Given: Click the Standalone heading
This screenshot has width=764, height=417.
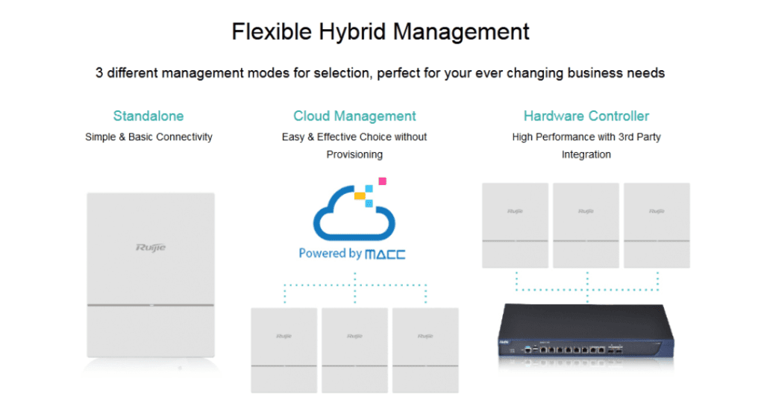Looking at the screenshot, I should point(148,116).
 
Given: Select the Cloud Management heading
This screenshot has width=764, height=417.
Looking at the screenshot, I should point(354,116).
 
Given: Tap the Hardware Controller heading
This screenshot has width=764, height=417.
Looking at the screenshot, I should point(586,116).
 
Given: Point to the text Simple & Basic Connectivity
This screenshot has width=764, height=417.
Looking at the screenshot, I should point(148,137).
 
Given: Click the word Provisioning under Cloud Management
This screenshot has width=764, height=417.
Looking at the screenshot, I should point(354,154).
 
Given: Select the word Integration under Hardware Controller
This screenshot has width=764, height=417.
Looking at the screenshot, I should point(586,154).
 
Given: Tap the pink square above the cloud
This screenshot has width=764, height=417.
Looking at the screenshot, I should point(383,181).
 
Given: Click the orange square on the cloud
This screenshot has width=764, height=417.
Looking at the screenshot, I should point(360,195).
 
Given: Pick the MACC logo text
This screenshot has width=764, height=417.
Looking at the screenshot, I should point(386,254).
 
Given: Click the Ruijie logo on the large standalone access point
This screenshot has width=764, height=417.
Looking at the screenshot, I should point(151,248).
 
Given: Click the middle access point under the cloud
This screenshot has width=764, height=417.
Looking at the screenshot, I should point(354,350).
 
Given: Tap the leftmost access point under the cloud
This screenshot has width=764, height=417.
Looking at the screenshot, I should point(284,350).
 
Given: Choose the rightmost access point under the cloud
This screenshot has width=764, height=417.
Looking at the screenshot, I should point(425,350).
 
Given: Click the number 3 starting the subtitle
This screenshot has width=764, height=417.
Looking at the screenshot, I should point(99,73).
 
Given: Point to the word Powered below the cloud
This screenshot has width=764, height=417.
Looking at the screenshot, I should point(320,254).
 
